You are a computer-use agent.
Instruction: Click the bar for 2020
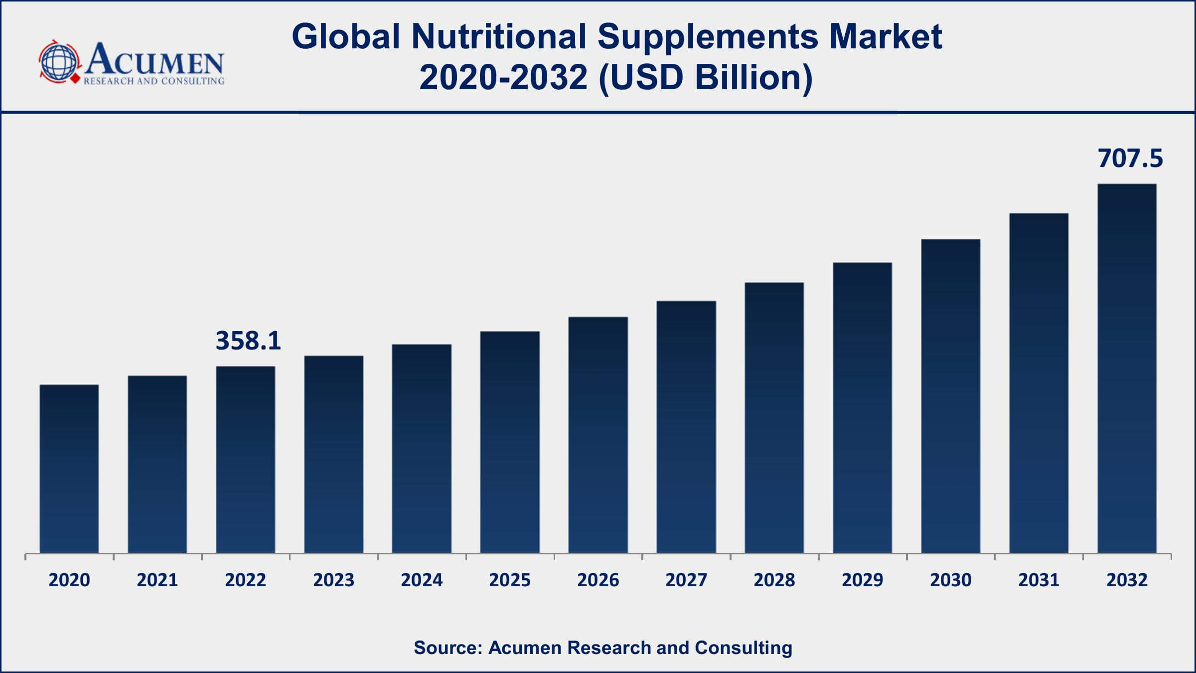(x=69, y=469)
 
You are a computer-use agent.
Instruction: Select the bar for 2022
(x=245, y=460)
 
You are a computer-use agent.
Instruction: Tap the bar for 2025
(x=510, y=442)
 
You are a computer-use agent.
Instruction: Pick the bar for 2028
(x=774, y=418)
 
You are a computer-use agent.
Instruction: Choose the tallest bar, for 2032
(x=1127, y=368)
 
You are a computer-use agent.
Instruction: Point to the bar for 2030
(x=950, y=396)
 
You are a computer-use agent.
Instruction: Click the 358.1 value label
(x=248, y=341)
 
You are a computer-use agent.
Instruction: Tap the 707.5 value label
(x=1130, y=159)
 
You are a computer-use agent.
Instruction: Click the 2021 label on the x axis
(x=157, y=580)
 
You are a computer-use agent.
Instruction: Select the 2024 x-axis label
(x=422, y=580)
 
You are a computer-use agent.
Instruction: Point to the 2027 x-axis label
(x=686, y=580)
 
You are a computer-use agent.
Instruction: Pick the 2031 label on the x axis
(x=1039, y=580)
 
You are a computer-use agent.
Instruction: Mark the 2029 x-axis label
(x=862, y=580)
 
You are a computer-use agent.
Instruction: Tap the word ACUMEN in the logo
(x=154, y=60)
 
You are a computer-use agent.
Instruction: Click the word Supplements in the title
(x=708, y=37)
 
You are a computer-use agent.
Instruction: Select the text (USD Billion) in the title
(x=705, y=78)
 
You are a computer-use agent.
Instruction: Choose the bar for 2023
(x=333, y=454)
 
